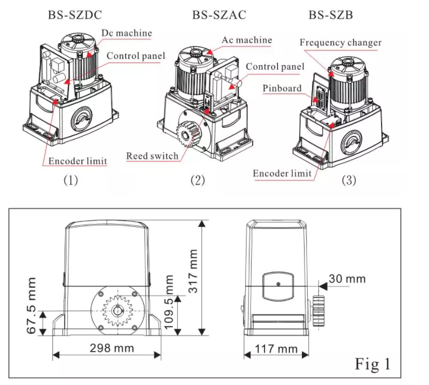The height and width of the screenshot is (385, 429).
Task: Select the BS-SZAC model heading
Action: click(x=219, y=15)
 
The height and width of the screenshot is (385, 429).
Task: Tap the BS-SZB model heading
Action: click(x=331, y=15)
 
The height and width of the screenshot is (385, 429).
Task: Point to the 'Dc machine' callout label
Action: click(x=127, y=33)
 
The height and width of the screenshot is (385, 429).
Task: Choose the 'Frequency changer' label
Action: click(x=340, y=42)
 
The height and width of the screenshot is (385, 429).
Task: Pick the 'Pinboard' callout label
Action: click(x=282, y=88)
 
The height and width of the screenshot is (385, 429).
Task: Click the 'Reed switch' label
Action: click(x=152, y=157)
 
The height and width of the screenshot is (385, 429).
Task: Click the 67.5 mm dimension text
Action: click(x=32, y=306)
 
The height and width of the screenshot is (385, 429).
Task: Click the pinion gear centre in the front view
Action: click(x=115, y=312)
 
